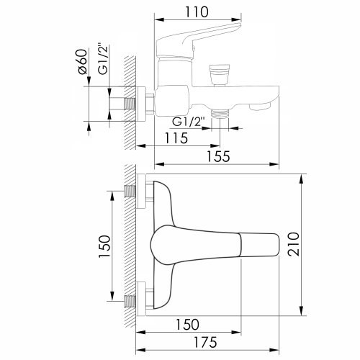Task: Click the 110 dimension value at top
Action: (x=197, y=12)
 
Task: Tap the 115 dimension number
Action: (x=176, y=138)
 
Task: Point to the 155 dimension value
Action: (x=218, y=156)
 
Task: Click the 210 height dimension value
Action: (x=294, y=244)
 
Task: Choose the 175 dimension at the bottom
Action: (x=205, y=342)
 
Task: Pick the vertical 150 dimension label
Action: (x=104, y=246)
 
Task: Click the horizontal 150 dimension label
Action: (x=187, y=325)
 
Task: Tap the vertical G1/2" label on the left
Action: (x=103, y=59)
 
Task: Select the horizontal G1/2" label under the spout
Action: (x=189, y=122)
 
